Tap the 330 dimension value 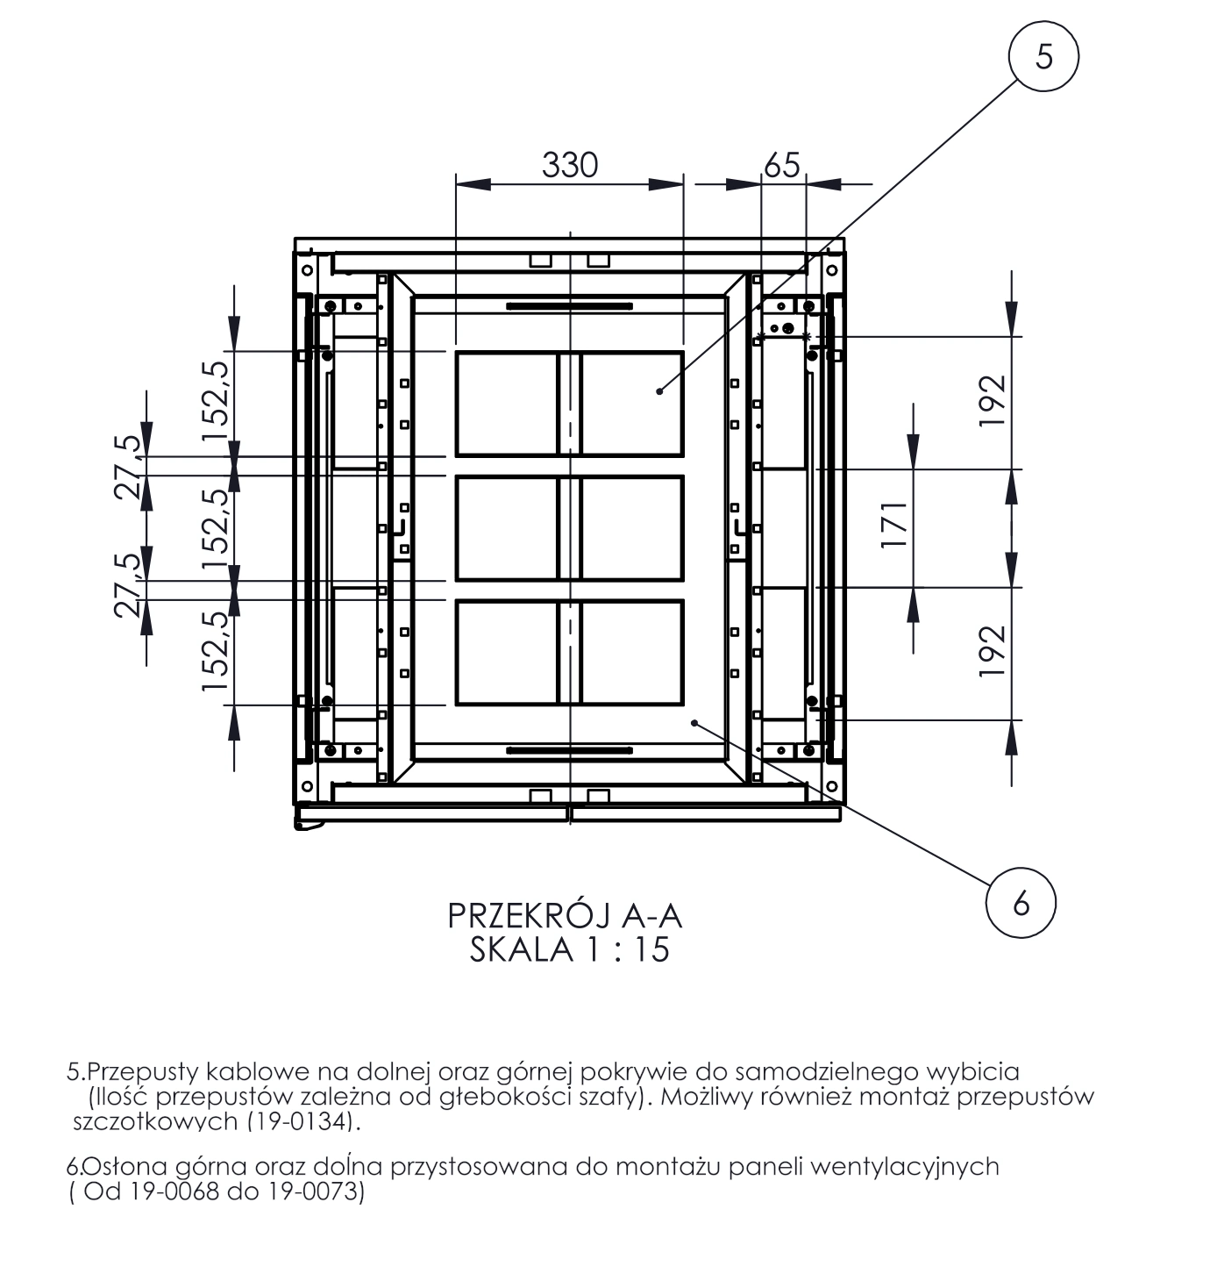click(569, 165)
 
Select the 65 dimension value click(782, 165)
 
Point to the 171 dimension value click(893, 525)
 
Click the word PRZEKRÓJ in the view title click(529, 916)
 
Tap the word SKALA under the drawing click(522, 950)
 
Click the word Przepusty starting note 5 click(142, 1073)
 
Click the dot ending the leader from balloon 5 click(659, 390)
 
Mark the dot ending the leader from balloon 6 click(694, 722)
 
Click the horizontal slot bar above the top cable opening click(569, 306)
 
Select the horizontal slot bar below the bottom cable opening click(569, 750)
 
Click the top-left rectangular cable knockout click(507, 404)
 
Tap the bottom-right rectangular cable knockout click(632, 653)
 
